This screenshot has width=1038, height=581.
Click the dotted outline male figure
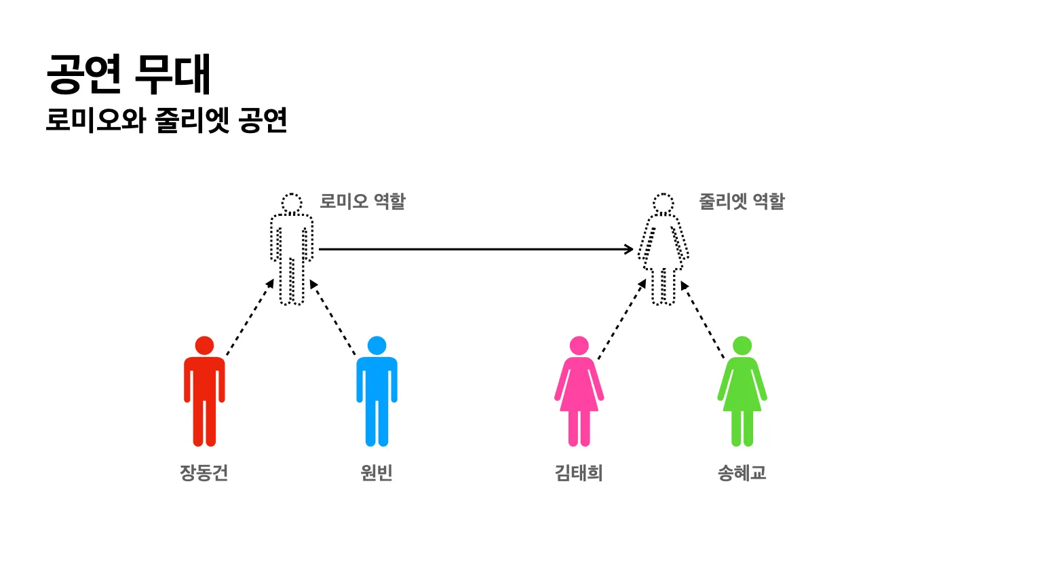pyautogui.click(x=292, y=249)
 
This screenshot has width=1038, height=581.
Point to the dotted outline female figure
pyautogui.click(x=663, y=249)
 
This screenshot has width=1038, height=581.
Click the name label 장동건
pyautogui.click(x=204, y=472)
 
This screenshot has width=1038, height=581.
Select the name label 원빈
pyautogui.click(x=377, y=472)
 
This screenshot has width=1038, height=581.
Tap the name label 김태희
pyautogui.click(x=579, y=472)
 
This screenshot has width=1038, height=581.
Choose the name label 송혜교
pyautogui.click(x=742, y=472)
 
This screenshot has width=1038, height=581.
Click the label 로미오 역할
pyautogui.click(x=362, y=202)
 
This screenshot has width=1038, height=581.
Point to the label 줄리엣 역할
pyautogui.click(x=742, y=202)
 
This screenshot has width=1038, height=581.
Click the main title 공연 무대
pyautogui.click(x=129, y=74)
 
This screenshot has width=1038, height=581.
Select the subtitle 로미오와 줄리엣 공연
pyautogui.click(x=167, y=120)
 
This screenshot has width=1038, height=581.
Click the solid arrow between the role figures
pyautogui.click(x=475, y=249)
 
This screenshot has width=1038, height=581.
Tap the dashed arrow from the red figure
pyautogui.click(x=250, y=317)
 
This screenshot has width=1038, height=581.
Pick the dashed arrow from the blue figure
pyautogui.click(x=333, y=317)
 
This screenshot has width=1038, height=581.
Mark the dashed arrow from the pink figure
pyautogui.click(x=622, y=318)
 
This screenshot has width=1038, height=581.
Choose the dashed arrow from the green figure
pyautogui.click(x=703, y=320)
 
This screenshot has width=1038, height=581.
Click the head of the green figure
pyautogui.click(x=742, y=345)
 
